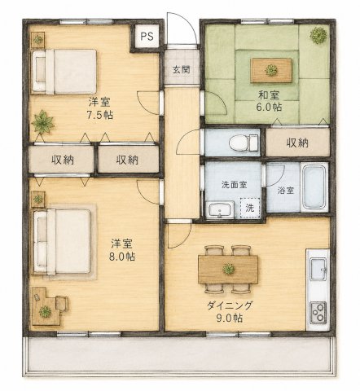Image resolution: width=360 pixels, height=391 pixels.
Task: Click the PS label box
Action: (x=147, y=36)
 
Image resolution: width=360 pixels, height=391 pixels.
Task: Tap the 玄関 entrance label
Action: (x=182, y=70)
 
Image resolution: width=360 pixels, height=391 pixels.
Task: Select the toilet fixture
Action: (x=244, y=143)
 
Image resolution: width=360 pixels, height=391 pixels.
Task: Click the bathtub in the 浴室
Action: (x=314, y=187)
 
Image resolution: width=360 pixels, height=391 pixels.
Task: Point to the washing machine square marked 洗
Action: (x=250, y=208)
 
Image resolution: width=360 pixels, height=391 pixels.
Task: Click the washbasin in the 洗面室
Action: (x=220, y=209)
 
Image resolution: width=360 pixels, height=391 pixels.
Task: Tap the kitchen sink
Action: (x=318, y=269)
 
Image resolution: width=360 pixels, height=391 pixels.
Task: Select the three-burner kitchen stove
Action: (x=318, y=313)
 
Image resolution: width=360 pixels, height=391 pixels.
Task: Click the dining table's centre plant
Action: (x=228, y=269)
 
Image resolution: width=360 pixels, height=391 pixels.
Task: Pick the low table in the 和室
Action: (x=271, y=70)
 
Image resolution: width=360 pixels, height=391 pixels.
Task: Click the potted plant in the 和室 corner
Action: (x=318, y=35)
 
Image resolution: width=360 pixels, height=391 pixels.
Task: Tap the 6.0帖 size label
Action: (x=269, y=107)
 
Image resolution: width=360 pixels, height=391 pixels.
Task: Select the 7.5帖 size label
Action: (x=99, y=115)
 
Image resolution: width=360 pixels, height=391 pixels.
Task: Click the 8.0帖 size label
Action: (x=122, y=257)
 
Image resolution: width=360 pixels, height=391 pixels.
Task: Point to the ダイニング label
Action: (x=230, y=305)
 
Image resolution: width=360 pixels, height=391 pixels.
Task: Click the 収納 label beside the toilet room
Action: (x=297, y=143)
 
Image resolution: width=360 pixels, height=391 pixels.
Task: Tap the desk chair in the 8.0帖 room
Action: (x=62, y=303)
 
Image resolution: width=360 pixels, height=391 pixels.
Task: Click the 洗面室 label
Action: (x=235, y=185)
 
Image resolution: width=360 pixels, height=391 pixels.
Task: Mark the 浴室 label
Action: (x=286, y=190)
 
